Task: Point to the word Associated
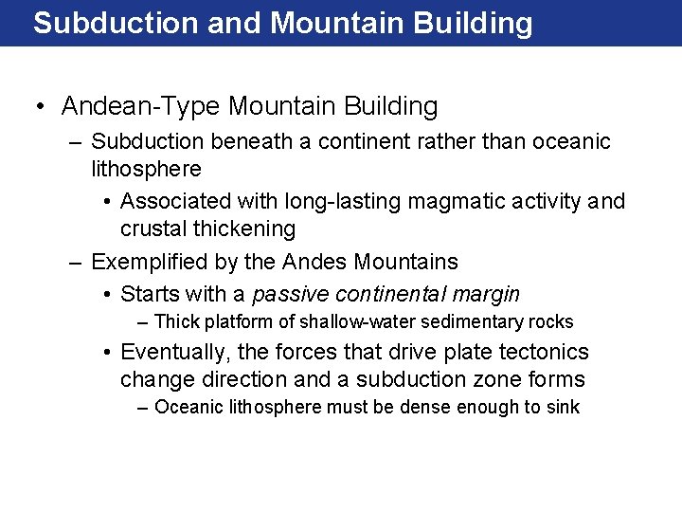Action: tap(176, 201)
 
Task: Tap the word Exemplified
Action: tap(149, 262)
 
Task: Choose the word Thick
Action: tap(176, 322)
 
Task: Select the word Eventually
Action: tap(175, 353)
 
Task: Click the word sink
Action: tap(561, 408)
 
